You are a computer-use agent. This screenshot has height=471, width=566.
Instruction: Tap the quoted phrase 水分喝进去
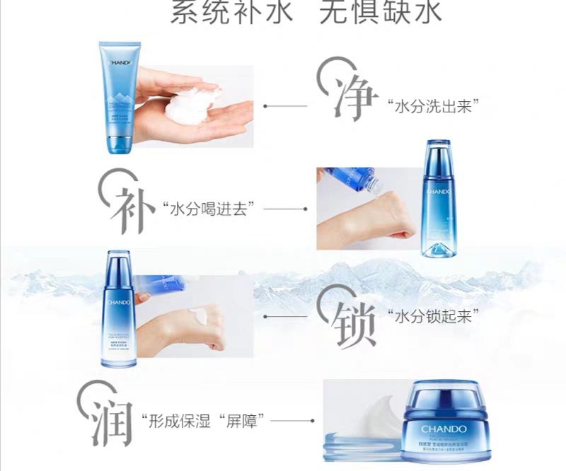coord(208,209)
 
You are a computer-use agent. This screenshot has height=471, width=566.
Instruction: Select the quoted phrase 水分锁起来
coord(429,316)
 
